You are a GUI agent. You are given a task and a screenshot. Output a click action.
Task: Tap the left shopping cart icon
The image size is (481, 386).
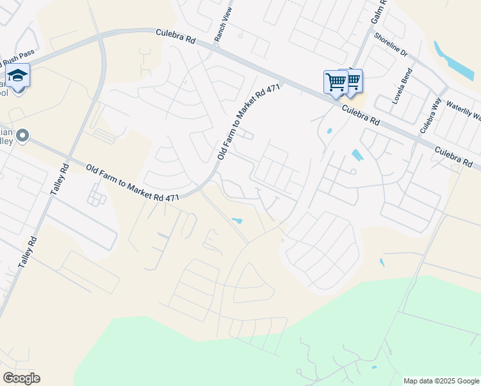coord(335,83)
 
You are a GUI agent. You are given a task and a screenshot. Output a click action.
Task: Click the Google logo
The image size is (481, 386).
coord(21,378)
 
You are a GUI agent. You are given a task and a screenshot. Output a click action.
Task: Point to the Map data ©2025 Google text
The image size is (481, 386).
coord(441,381)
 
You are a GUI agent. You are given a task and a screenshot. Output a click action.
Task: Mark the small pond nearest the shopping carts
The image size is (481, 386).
coord(330,131)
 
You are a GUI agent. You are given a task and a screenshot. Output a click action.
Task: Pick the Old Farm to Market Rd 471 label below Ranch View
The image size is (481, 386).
coord(249,122)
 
